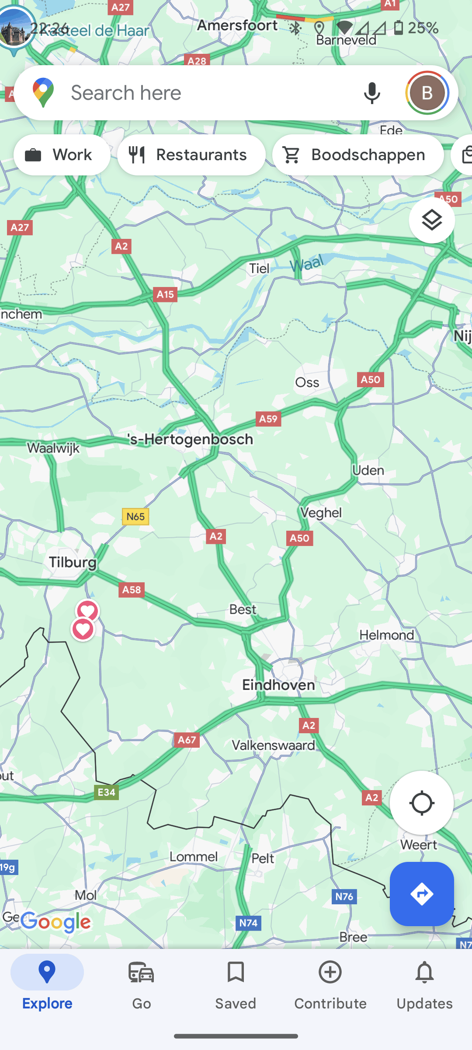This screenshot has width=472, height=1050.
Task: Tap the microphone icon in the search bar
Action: [x=372, y=93]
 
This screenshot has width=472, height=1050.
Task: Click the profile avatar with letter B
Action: [x=427, y=93]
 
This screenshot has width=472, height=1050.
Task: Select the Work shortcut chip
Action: [x=62, y=155]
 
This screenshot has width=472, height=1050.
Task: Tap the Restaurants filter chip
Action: [x=191, y=155]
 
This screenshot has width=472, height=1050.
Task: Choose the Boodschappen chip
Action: [x=358, y=155]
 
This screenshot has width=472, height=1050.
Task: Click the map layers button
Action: [x=432, y=220]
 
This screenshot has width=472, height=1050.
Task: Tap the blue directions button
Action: [x=422, y=894]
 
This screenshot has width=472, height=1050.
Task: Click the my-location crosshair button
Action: [x=422, y=803]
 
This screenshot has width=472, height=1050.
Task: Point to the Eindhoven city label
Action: [x=278, y=685]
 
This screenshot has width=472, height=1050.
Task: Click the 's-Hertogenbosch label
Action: [x=190, y=439]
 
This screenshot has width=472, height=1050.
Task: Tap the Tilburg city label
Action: [x=73, y=562]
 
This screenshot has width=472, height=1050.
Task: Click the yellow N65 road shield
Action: [x=135, y=517]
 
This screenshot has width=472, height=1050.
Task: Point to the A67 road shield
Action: [x=187, y=740]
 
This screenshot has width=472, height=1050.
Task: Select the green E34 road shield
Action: [x=106, y=792]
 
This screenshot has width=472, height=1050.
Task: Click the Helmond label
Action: [x=386, y=635]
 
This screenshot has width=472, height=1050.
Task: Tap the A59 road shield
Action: [x=268, y=419]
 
